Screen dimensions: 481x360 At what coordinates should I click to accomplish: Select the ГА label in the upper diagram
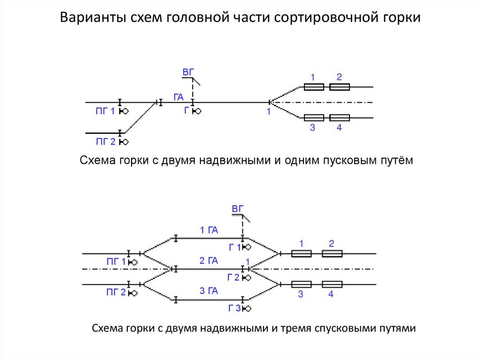tap(178, 97)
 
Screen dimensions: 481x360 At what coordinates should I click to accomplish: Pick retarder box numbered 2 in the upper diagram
tap(339, 87)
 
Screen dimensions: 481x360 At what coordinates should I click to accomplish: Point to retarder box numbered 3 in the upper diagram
tap(313, 118)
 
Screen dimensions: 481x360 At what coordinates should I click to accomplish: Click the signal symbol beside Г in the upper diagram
tap(198, 111)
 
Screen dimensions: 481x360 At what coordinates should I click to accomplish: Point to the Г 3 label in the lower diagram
tap(234, 308)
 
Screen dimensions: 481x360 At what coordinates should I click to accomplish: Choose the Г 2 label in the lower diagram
tap(233, 277)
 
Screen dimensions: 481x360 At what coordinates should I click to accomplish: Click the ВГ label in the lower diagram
tap(239, 209)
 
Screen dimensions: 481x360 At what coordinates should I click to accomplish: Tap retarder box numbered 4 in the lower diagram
tap(332, 284)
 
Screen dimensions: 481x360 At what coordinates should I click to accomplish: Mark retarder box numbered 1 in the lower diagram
tap(301, 253)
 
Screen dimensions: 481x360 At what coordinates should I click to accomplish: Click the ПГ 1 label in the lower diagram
tap(116, 262)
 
